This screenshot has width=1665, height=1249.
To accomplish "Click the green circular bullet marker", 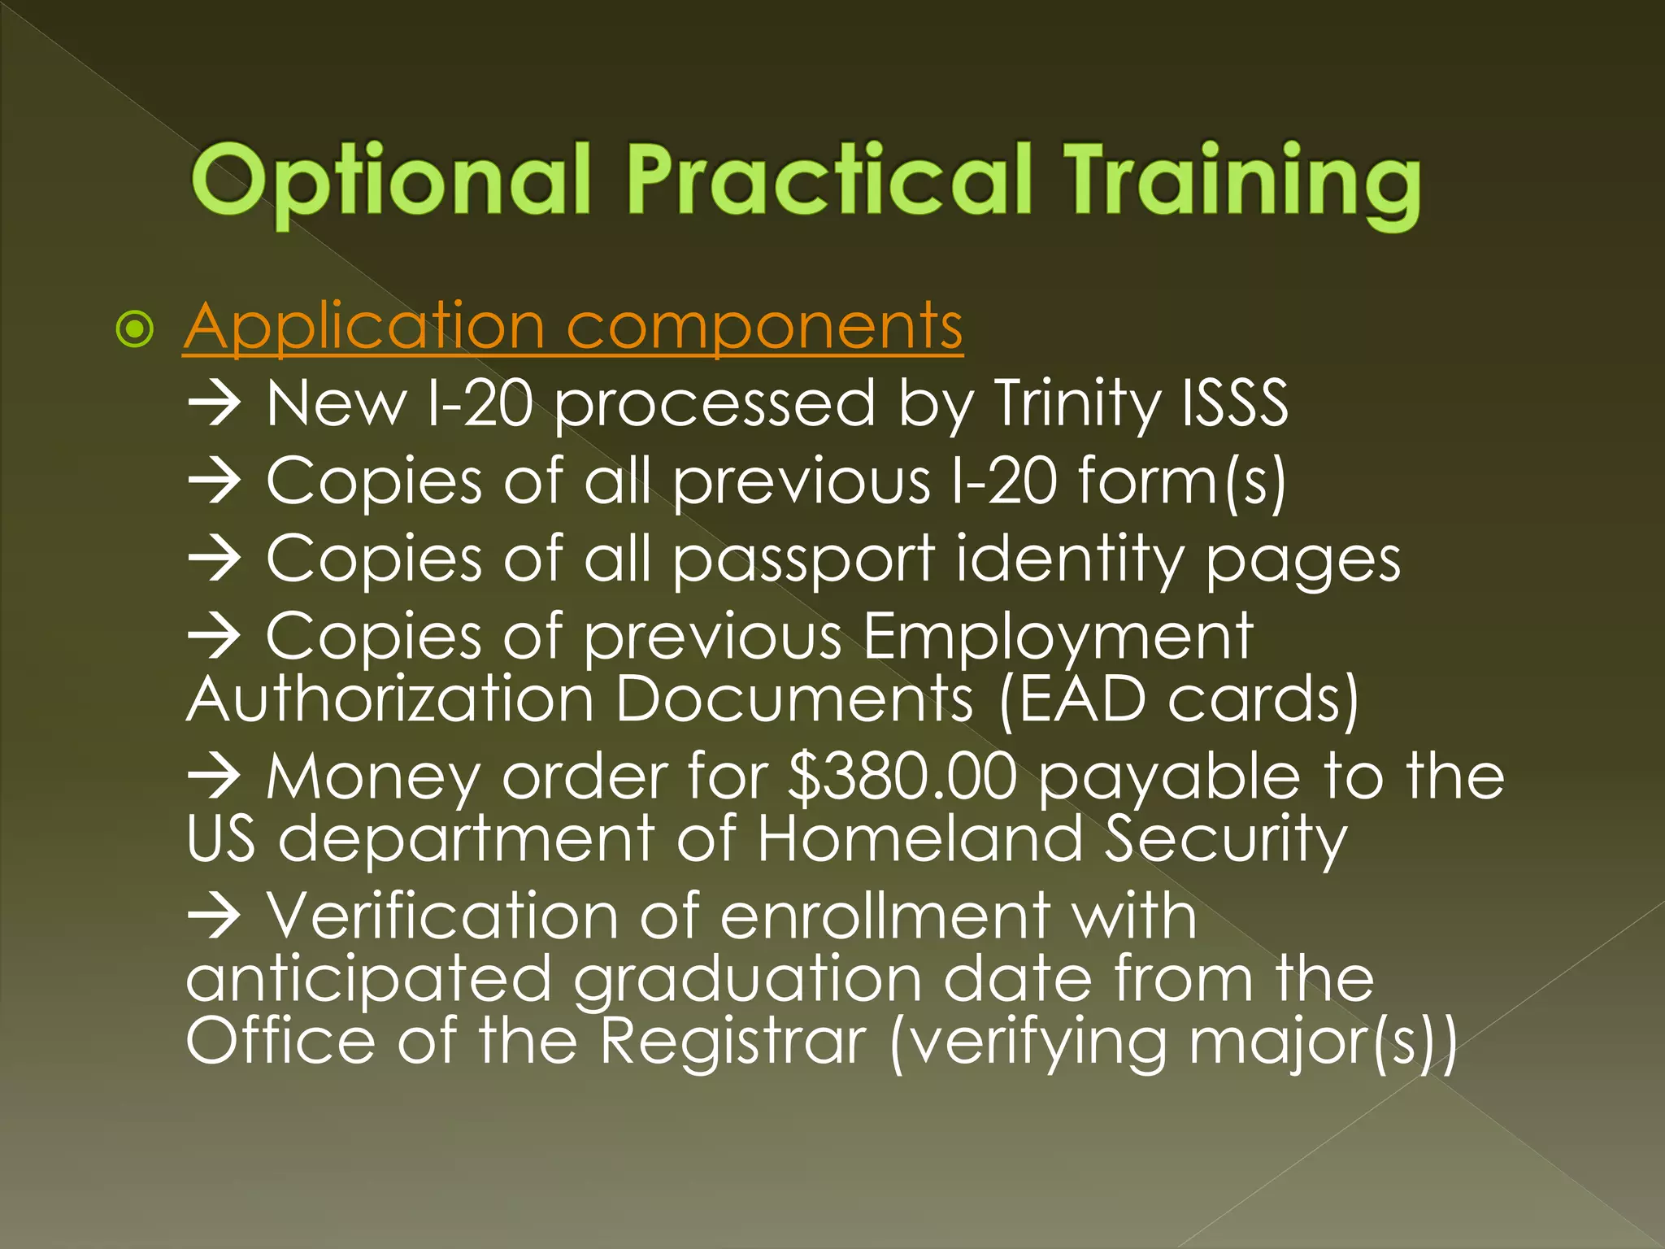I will [x=134, y=329].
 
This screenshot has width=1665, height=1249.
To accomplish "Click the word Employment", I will [x=1058, y=638].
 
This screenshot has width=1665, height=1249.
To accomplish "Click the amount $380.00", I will [x=902, y=777].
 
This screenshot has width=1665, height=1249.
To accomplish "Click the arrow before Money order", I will [x=214, y=777].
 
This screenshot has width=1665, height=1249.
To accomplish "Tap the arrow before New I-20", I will [x=214, y=404].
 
